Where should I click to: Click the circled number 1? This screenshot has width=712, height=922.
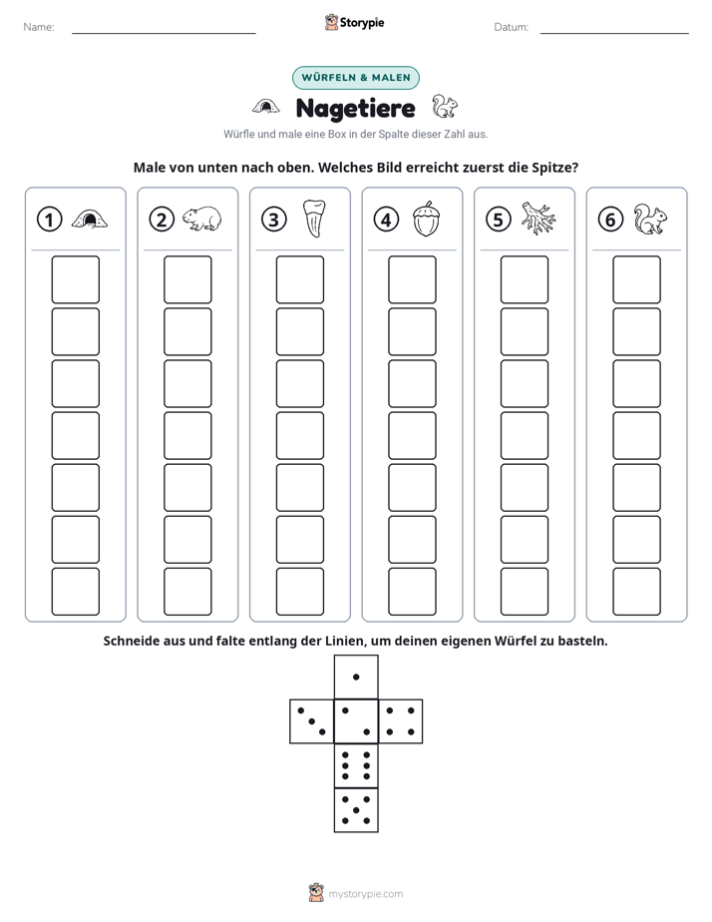coord(49,220)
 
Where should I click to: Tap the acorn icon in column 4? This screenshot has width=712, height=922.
coord(426,219)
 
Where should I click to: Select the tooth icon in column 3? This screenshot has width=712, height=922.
coord(314,219)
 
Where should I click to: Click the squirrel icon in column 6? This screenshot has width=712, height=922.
coord(650,220)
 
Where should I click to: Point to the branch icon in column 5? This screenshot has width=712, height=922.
coord(538,219)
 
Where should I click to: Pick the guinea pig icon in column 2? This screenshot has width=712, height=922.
coord(201,219)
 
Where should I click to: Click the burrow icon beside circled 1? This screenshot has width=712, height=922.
coord(90,220)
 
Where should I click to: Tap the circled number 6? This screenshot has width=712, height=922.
coord(610,220)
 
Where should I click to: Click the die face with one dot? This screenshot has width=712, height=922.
coord(356,678)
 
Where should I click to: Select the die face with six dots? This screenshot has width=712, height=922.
coord(356,765)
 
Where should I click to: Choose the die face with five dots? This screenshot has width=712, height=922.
coord(356,809)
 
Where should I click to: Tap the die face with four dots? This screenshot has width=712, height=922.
coord(400,721)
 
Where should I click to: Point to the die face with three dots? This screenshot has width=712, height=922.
coord(312,721)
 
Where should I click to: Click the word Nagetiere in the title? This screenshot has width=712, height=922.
coord(355,109)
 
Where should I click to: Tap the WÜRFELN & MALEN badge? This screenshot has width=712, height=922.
coord(356,78)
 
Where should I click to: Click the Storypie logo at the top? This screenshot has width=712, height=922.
coord(354,23)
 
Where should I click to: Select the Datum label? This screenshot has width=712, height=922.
coord(511,27)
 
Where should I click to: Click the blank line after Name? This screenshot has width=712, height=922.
coord(164,33)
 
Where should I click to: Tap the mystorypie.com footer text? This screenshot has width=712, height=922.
coord(365,894)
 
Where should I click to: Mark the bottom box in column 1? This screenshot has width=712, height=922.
coord(76,592)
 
